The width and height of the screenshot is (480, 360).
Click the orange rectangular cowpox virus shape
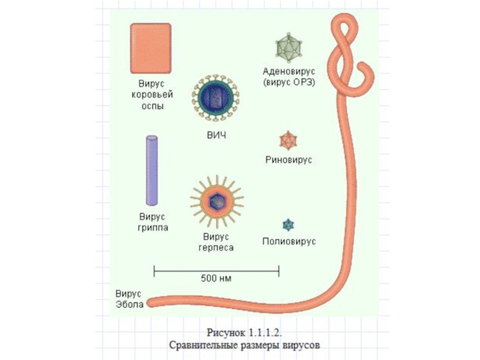151,48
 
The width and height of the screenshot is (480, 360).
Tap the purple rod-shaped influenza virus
152,170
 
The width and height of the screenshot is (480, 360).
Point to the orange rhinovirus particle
289,141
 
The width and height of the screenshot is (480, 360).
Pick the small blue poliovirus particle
289,225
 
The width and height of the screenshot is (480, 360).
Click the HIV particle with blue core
217,97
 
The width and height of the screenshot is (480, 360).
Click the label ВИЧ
217,136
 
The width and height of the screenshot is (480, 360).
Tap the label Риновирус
289,161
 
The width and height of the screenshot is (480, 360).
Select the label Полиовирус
289,242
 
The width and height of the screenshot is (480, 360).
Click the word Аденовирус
289,71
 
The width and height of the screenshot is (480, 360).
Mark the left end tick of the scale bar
154,271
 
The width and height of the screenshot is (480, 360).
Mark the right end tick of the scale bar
279,271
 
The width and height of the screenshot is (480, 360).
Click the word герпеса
217,247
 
